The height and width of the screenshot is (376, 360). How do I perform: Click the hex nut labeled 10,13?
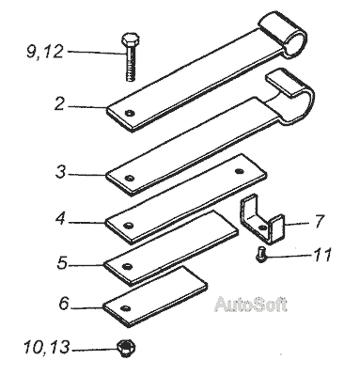(x=126, y=348)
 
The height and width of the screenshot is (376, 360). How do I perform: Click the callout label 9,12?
(x=44, y=52)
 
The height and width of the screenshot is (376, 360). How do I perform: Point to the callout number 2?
(x=59, y=104)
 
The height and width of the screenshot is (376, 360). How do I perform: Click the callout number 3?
(x=61, y=172)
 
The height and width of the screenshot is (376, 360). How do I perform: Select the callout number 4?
(x=60, y=219)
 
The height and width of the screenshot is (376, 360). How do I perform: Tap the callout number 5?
(x=62, y=263)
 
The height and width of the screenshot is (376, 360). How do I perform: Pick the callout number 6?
(x=64, y=304)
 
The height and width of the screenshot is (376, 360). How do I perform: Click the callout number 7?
(x=319, y=221)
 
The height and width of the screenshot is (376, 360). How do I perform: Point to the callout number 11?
(x=322, y=255)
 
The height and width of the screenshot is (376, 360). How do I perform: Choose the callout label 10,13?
(x=46, y=347)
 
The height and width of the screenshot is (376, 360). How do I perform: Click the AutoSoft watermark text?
(x=251, y=304)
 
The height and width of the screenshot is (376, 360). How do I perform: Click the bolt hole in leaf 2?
(x=129, y=113)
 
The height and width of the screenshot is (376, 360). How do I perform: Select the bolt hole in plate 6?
(x=127, y=308)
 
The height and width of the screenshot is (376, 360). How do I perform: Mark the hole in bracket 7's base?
(x=263, y=227)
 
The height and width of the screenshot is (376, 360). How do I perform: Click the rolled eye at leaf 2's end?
(x=284, y=35)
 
